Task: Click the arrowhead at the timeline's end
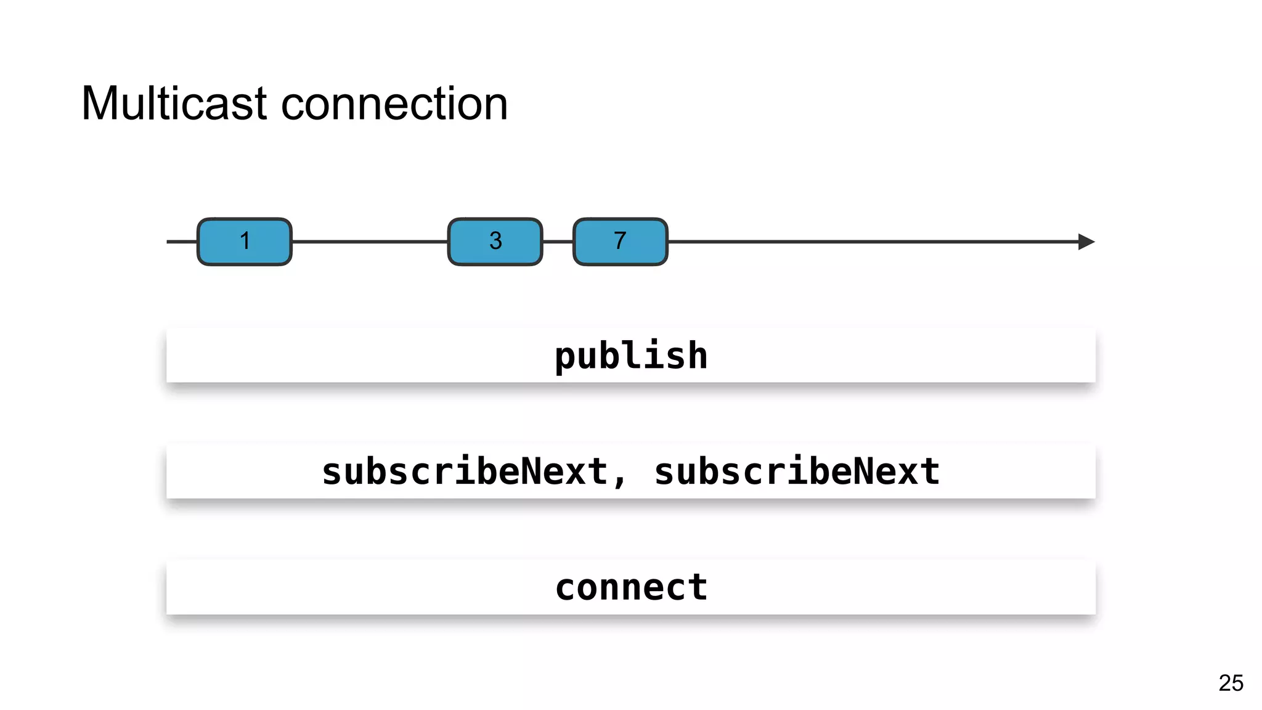(1086, 242)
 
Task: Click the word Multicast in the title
(174, 104)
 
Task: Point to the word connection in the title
(394, 104)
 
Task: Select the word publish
(631, 356)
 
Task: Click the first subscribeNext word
(465, 471)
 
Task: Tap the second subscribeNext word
(797, 471)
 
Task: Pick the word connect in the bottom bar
(631, 587)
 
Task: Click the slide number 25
(1231, 683)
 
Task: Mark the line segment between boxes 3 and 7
(558, 242)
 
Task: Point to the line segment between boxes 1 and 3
(370, 242)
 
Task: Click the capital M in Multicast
(100, 104)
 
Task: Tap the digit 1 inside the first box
(245, 240)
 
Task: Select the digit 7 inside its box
(620, 240)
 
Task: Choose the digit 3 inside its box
(495, 240)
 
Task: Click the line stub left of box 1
(181, 242)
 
